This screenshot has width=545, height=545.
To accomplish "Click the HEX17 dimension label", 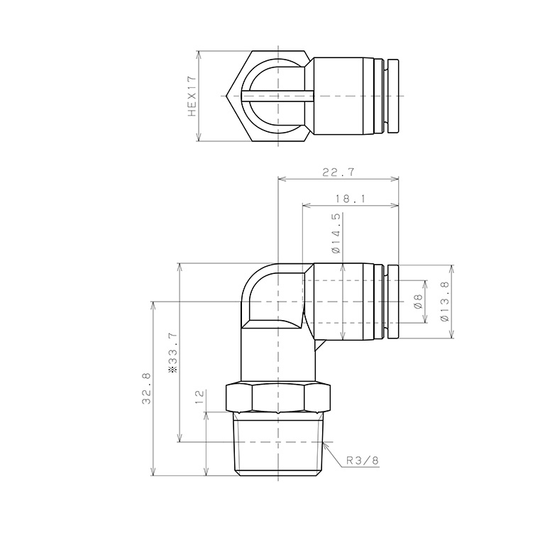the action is tap(192, 97).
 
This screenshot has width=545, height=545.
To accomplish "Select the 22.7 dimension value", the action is tap(338, 172).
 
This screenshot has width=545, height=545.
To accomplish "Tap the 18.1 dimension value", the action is tap(351, 199).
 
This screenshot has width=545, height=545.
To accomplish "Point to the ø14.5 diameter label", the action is tap(336, 233).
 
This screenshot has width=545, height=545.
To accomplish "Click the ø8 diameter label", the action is tap(418, 301).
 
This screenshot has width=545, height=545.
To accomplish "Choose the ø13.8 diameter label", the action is tap(444, 302).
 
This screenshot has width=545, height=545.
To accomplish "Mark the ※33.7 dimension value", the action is tap(172, 353).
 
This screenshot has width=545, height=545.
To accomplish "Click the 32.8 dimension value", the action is tap(146, 388).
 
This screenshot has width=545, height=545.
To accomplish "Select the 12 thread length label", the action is tap(199, 397).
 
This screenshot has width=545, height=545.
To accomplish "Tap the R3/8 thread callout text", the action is tap(362, 461).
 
